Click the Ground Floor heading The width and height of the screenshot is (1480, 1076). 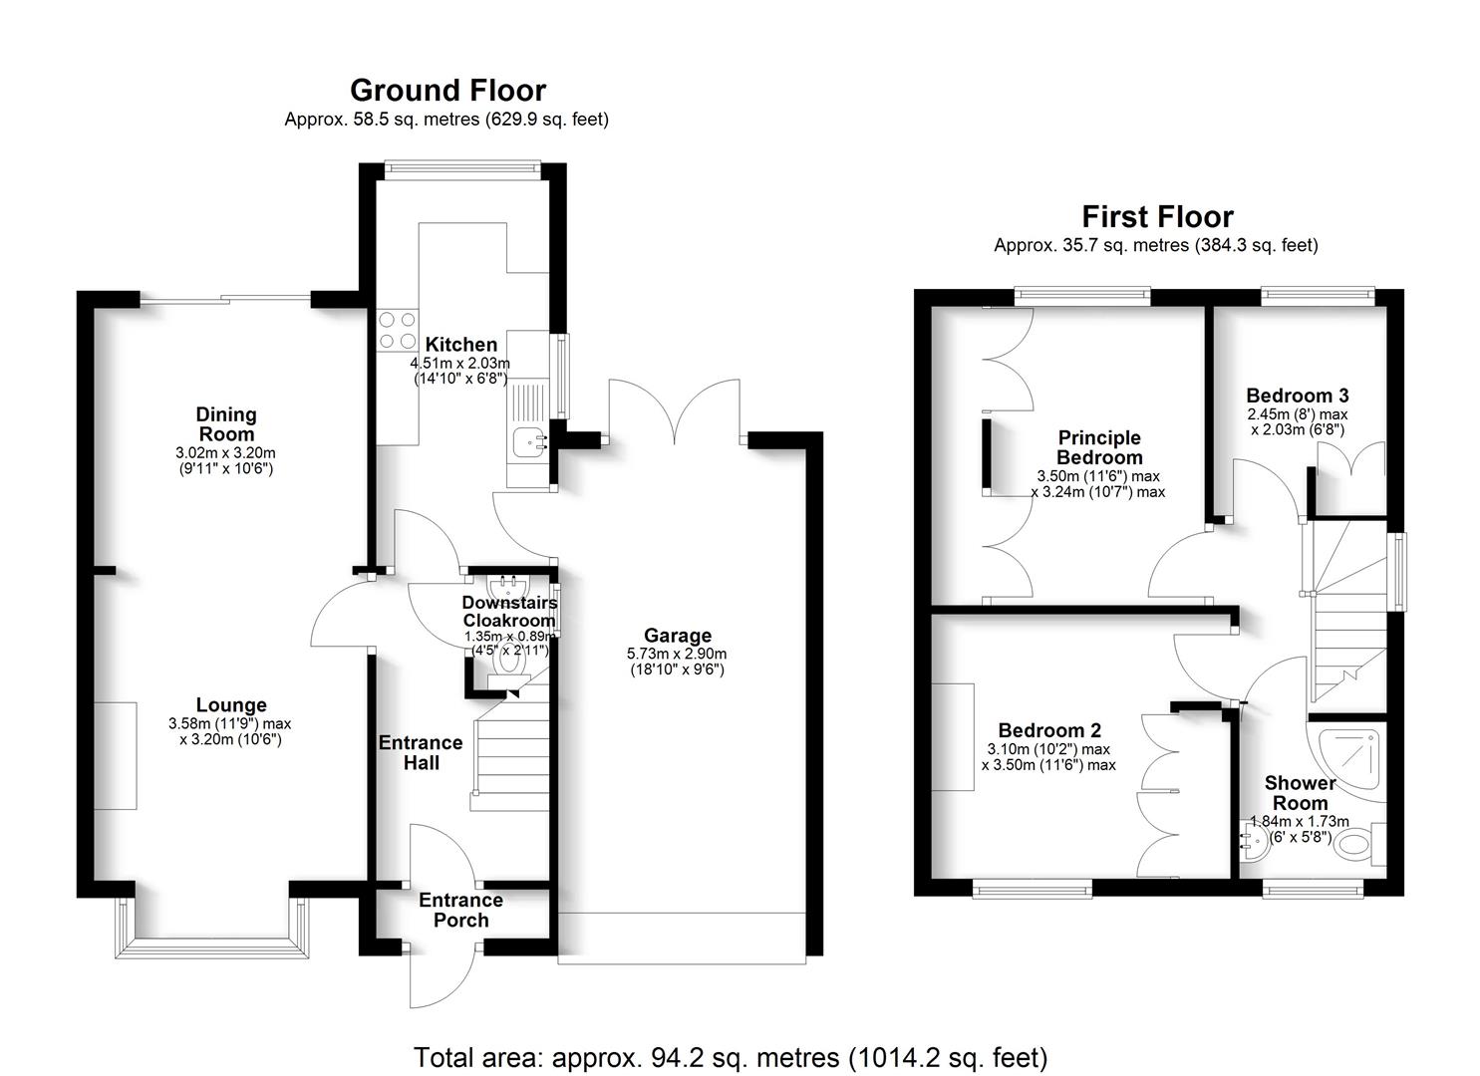point(447,91)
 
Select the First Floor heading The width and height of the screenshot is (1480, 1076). point(1157,216)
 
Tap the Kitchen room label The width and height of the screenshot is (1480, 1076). point(460,345)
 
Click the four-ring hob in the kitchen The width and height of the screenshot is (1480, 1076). point(397,330)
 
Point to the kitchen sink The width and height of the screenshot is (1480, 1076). point(527,439)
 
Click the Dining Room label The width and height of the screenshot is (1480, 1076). point(226,423)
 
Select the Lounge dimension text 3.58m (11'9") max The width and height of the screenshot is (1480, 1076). point(230,724)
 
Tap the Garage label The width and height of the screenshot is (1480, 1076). point(678,635)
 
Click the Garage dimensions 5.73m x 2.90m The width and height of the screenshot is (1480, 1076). point(677,654)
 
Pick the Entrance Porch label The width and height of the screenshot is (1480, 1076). point(460,910)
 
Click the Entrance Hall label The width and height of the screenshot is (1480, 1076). point(421,752)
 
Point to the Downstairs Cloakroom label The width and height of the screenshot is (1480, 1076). point(508,611)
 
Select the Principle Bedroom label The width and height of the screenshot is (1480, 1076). point(1099,447)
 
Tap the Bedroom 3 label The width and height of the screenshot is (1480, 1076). point(1297,396)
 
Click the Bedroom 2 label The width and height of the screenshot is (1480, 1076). point(1049,730)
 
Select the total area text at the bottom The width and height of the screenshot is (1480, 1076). point(731,1057)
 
